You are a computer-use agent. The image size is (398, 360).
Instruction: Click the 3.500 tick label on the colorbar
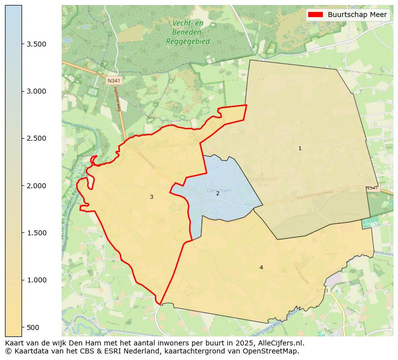click(x=37, y=44)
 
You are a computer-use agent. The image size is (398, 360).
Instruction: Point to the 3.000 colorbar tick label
click(x=37, y=91)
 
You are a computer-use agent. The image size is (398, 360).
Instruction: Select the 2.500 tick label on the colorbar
click(x=37, y=138)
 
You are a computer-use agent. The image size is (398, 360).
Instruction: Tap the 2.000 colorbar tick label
click(x=37, y=186)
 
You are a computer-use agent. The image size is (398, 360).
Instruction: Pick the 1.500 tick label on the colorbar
click(x=37, y=233)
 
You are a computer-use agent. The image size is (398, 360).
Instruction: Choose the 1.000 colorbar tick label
click(x=37, y=280)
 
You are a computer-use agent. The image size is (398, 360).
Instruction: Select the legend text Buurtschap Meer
click(x=357, y=15)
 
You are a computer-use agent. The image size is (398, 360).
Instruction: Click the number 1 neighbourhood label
click(x=300, y=148)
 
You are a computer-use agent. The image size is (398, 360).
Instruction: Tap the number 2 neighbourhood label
click(x=218, y=193)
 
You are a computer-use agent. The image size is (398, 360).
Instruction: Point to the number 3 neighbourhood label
click(x=151, y=197)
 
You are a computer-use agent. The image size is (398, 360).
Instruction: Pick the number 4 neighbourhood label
click(x=261, y=267)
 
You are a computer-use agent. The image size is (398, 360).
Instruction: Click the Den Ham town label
click(x=219, y=190)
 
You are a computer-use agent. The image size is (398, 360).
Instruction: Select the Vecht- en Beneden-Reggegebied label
click(x=188, y=32)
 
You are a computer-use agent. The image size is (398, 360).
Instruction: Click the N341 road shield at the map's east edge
click(x=372, y=188)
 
